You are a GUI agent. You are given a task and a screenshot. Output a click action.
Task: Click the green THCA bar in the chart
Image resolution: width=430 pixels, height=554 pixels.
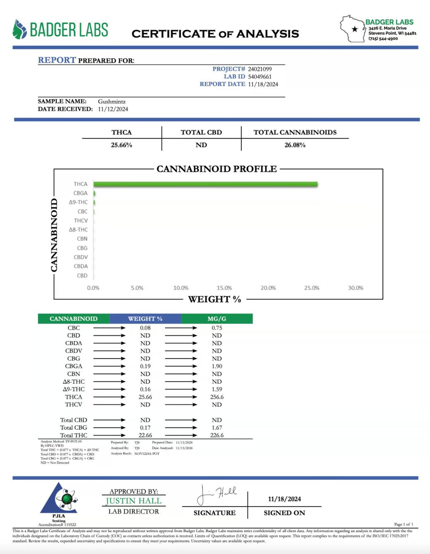(205, 184)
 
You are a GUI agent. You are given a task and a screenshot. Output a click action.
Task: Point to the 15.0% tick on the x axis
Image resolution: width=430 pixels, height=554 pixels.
(224, 288)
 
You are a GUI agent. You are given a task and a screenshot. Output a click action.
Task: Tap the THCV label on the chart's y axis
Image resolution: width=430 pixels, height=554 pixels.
(81, 221)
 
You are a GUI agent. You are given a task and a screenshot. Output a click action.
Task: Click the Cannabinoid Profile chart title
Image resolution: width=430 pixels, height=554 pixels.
(216, 169)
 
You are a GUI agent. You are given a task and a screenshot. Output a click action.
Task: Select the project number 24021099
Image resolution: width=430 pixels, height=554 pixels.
(259, 69)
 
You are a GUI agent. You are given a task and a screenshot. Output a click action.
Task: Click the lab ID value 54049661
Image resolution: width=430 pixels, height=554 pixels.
(259, 76)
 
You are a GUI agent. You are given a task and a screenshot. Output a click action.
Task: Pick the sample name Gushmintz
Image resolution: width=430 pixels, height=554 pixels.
(112, 101)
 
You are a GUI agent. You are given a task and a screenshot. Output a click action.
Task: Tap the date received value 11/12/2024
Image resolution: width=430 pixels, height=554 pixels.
(113, 109)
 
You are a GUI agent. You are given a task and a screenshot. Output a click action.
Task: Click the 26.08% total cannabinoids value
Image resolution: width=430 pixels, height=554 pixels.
(295, 145)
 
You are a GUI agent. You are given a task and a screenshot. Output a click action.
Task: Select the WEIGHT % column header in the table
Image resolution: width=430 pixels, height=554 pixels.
(145, 319)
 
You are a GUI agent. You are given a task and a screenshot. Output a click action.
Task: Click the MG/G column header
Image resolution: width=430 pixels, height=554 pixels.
(216, 319)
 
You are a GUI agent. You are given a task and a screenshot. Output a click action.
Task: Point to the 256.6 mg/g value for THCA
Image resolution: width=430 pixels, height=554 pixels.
(217, 397)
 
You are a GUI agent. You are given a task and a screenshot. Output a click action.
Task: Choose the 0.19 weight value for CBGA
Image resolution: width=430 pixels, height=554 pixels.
(145, 366)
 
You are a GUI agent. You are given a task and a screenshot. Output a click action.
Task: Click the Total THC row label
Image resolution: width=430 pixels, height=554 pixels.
(74, 435)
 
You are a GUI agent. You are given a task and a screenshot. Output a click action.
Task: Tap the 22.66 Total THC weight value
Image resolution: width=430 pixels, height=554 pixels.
(145, 435)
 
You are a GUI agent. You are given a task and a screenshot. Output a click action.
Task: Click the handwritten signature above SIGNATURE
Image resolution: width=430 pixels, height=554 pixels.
(216, 495)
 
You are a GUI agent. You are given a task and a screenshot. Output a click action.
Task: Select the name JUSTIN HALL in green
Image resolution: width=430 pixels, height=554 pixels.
(133, 501)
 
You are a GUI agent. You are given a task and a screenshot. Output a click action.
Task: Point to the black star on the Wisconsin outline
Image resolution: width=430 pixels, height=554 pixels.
(355, 29)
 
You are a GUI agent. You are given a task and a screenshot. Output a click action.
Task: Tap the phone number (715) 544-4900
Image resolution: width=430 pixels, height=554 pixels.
(383, 38)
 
